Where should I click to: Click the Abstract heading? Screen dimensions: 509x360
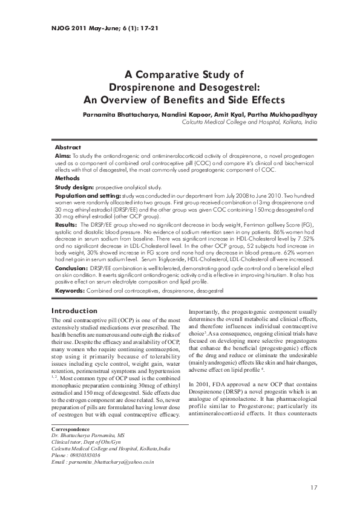[68, 147]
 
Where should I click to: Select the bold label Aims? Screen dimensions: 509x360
[63, 155]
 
